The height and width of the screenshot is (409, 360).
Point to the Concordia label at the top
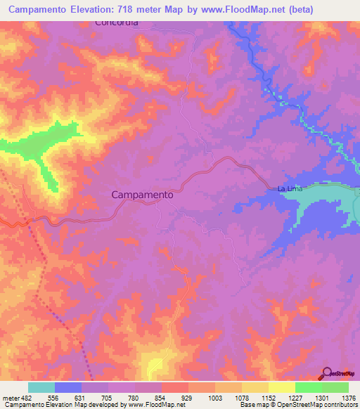coord(117,22)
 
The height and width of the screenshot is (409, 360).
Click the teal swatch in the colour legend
coord(41,387)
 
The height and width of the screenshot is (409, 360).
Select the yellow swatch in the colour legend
coord(281,387)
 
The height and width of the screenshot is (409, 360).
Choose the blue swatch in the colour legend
coord(67,387)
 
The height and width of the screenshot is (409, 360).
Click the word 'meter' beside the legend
coord(10,397)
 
